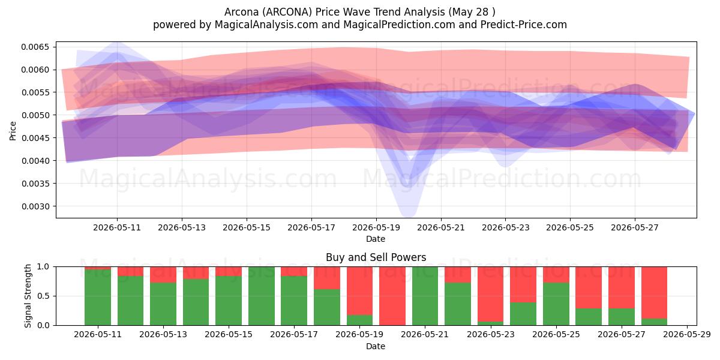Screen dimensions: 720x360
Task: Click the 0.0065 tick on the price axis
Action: [35, 47]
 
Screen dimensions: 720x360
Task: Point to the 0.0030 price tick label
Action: [35, 206]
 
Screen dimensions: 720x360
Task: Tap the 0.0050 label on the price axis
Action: [35, 115]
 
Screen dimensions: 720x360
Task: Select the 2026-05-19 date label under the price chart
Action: [376, 227]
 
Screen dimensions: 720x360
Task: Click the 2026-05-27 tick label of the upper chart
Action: [635, 227]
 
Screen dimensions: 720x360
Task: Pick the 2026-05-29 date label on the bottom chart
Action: [687, 335]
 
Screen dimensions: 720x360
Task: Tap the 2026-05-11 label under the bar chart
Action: [98, 335]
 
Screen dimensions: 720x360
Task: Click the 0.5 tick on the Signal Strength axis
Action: [44, 296]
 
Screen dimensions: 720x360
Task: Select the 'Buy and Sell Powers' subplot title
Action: [376, 257]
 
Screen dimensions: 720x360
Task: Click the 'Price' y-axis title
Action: [13, 131]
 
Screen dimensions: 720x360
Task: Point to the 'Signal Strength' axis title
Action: [28, 296]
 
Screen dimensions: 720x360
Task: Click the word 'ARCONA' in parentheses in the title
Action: [287, 12]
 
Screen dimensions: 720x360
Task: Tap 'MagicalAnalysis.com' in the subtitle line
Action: [266, 25]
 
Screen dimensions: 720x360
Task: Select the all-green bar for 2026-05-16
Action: [262, 296]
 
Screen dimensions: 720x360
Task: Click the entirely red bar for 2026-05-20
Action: [392, 296]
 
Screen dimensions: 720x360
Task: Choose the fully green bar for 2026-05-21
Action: [425, 296]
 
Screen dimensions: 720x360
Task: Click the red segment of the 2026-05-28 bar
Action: [654, 293]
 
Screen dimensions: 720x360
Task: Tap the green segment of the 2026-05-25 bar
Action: [556, 304]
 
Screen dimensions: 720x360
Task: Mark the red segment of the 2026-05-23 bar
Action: [491, 294]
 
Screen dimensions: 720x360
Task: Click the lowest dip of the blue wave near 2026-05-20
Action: [407, 215]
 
